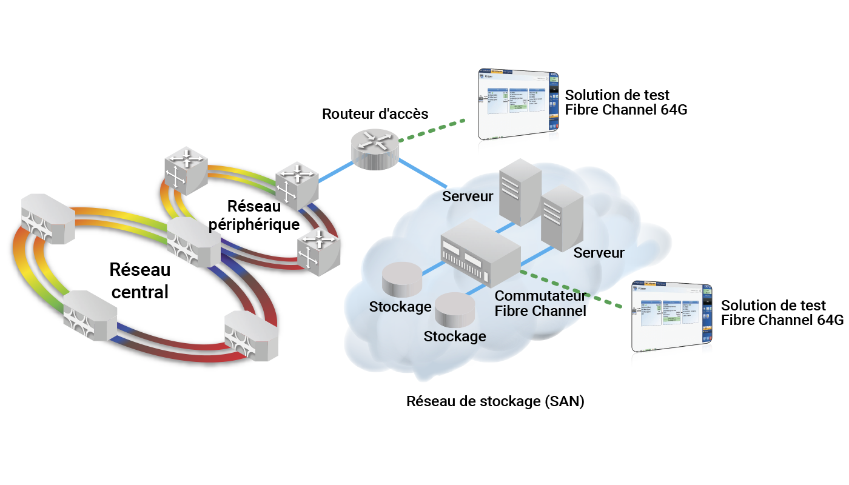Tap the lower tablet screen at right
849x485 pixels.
(x=671, y=316)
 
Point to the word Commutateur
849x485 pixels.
(x=540, y=296)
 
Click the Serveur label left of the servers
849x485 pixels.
(x=468, y=196)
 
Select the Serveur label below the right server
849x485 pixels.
(x=599, y=253)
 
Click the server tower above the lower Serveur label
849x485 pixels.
(x=562, y=218)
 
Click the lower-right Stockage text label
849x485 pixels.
(x=454, y=336)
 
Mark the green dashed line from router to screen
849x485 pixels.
(x=432, y=130)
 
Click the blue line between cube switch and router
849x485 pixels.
(x=335, y=172)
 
